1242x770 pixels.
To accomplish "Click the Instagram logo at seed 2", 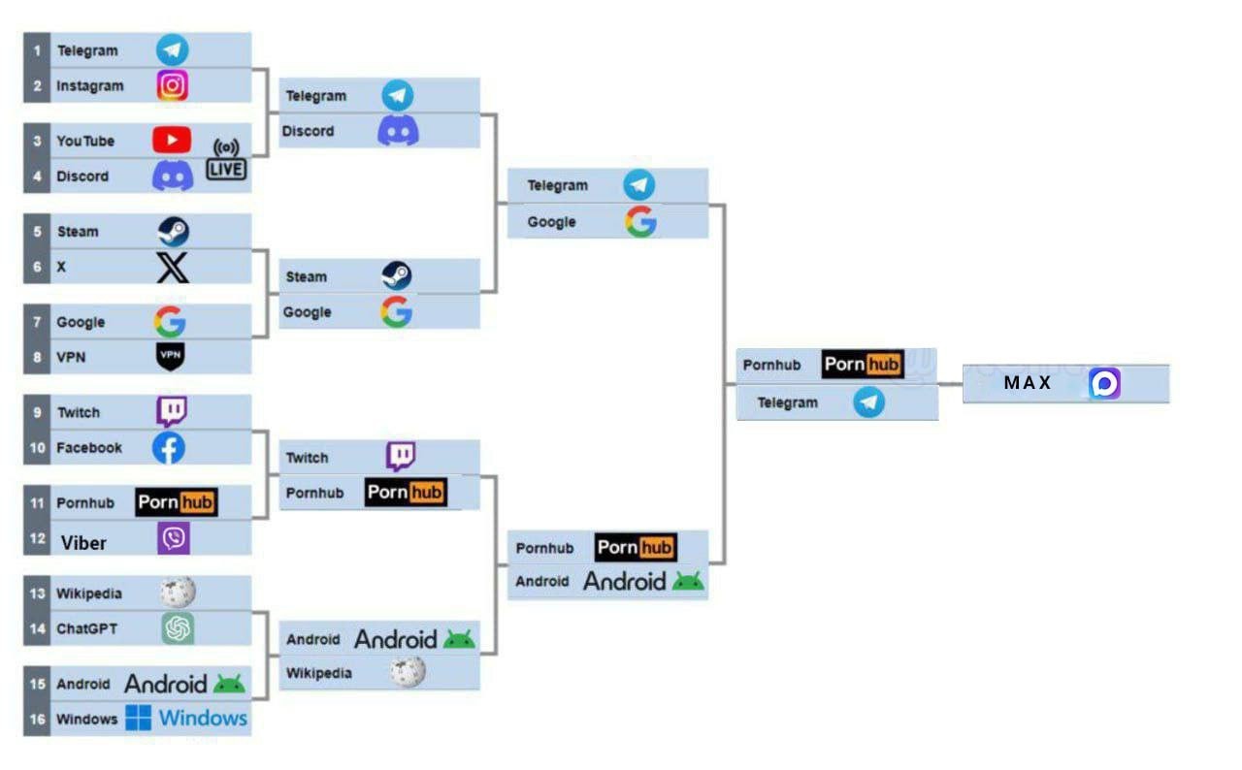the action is (x=172, y=85).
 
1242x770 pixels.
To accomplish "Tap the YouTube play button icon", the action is (x=172, y=140).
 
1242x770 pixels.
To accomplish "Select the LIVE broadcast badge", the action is (x=226, y=160).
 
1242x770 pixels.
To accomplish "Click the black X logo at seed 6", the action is (x=173, y=268).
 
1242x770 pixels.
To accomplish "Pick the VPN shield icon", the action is (x=170, y=356).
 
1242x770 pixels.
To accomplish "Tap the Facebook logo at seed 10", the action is (x=169, y=448).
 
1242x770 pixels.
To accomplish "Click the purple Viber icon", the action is (x=174, y=538).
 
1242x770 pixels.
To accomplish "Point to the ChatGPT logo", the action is (x=178, y=628).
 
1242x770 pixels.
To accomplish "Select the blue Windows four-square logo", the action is (x=138, y=718).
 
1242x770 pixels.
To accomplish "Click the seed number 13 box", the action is (x=37, y=594).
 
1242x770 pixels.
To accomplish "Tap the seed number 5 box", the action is (x=37, y=231).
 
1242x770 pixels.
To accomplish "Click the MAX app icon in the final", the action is (x=1104, y=383).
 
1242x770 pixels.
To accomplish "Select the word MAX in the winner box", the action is (x=1028, y=382).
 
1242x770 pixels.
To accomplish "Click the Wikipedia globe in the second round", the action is (x=408, y=672).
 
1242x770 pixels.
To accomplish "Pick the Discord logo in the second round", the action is (x=398, y=131).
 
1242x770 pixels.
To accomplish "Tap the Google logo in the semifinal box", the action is (x=640, y=221).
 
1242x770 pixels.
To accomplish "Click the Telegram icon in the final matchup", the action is (x=868, y=402).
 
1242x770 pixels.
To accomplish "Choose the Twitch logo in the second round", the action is (x=401, y=457).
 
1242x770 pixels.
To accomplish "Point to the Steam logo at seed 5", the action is (x=173, y=231).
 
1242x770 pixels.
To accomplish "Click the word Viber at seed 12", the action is (x=83, y=543).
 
